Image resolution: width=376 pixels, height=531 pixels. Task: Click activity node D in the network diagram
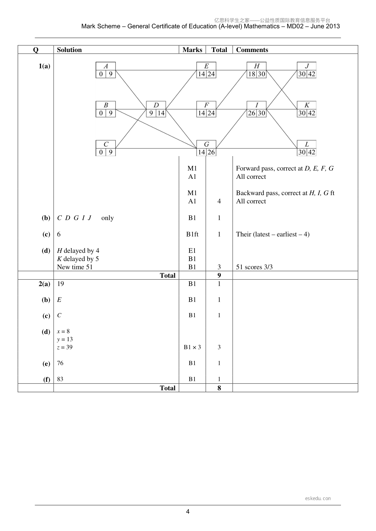pyautogui.click(x=156, y=109)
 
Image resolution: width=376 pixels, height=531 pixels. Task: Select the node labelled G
pyautogui.click(x=206, y=148)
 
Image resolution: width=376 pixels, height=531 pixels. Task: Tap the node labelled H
pyautogui.click(x=257, y=70)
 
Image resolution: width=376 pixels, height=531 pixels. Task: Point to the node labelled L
pyautogui.click(x=307, y=148)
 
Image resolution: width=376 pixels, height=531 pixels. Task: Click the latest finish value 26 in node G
pyautogui.click(x=211, y=152)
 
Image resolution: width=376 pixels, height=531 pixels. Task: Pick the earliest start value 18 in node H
pyautogui.click(x=252, y=74)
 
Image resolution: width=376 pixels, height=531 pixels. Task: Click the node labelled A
pyautogui.click(x=106, y=70)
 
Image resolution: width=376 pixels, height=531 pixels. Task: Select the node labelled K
pyautogui.click(x=307, y=109)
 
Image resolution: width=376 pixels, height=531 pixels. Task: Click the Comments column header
pyautogui.click(x=252, y=50)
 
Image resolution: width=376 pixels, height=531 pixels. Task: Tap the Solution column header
pyautogui.click(x=69, y=50)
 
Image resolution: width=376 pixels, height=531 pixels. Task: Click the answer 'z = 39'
pyautogui.click(x=65, y=347)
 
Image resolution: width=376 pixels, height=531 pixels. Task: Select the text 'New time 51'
pyautogui.click(x=75, y=267)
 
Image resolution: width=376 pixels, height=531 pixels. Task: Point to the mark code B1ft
pyautogui.click(x=192, y=234)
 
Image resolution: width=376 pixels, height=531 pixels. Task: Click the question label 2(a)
pyautogui.click(x=45, y=284)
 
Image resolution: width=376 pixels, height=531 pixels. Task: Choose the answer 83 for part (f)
pyautogui.click(x=60, y=379)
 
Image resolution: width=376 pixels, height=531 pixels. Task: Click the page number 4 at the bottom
pyautogui.click(x=188, y=511)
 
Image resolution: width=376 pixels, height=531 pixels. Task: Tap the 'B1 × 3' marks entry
pyautogui.click(x=192, y=347)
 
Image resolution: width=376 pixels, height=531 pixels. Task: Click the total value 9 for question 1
pyautogui.click(x=219, y=276)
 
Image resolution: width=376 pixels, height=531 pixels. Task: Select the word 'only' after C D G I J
pyautogui.click(x=108, y=218)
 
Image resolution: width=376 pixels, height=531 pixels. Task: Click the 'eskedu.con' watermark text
pyautogui.click(x=318, y=498)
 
